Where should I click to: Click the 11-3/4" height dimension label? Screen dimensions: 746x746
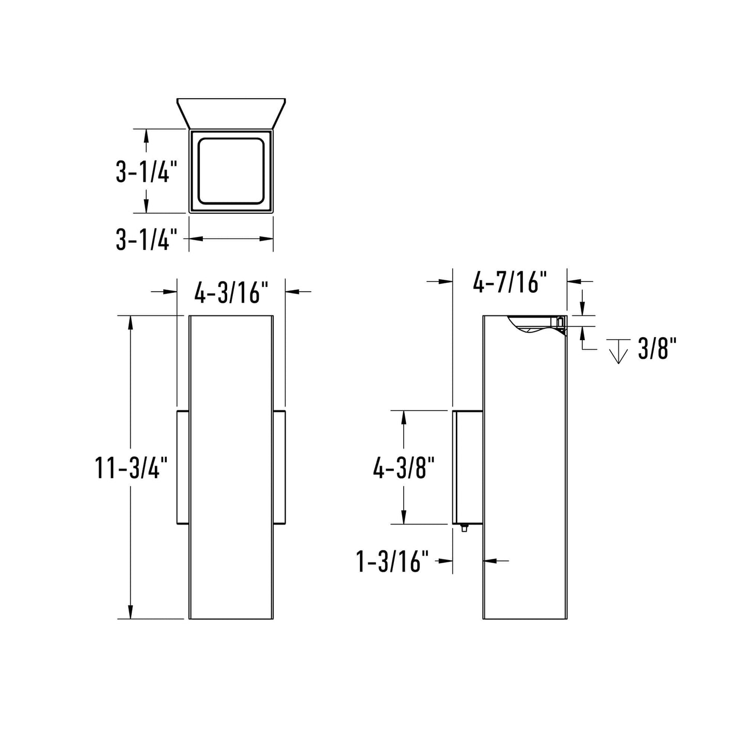[132, 468]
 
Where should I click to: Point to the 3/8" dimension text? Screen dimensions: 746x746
[657, 349]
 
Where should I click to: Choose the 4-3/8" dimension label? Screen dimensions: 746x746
[404, 468]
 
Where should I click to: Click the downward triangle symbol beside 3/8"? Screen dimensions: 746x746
[618, 352]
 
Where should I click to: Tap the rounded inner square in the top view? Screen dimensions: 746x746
[231, 171]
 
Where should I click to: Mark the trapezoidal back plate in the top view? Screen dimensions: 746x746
[231, 112]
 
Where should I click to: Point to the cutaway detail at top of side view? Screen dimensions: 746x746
[537, 325]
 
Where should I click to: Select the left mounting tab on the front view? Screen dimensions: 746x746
[183, 467]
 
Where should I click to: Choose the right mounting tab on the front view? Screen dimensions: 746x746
[279, 467]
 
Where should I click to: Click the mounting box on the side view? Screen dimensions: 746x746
[468, 467]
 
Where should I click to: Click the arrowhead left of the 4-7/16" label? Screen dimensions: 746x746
[446, 281]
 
